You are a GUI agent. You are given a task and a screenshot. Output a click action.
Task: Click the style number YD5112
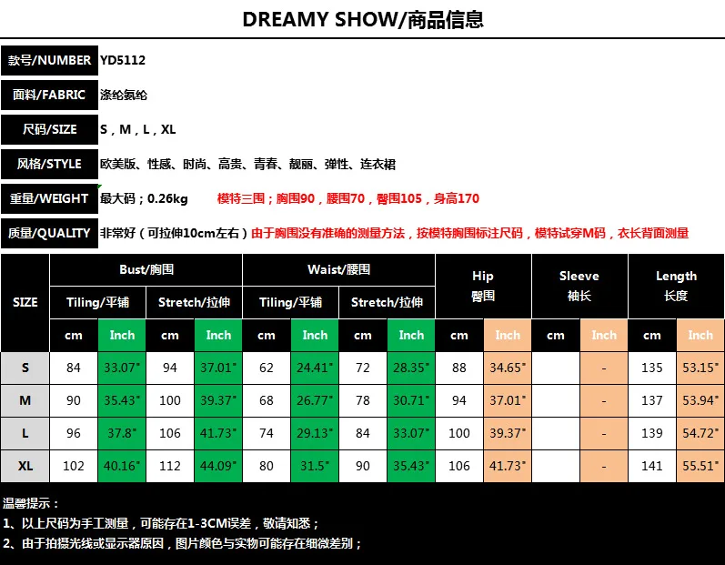[x=123, y=60]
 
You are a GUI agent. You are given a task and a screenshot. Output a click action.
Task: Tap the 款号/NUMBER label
[x=49, y=60]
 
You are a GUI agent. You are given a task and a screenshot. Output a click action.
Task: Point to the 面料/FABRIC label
[x=49, y=95]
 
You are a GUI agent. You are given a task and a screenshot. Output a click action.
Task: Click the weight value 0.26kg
[x=167, y=199]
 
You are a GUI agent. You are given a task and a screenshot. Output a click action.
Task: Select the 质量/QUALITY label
[x=49, y=233]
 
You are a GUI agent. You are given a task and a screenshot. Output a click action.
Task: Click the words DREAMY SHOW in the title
[x=319, y=19]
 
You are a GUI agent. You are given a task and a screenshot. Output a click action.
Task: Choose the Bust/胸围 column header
[x=146, y=269]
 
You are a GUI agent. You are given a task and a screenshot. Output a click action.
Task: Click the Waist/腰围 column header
[x=339, y=269]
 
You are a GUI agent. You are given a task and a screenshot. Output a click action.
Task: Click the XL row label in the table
[x=25, y=466]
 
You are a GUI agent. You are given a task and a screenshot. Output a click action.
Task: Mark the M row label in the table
[x=25, y=400]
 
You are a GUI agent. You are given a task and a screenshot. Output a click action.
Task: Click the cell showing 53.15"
[x=700, y=368]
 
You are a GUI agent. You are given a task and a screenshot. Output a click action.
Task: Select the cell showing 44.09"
[x=218, y=466]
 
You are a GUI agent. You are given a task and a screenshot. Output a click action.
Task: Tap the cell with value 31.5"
[x=315, y=466]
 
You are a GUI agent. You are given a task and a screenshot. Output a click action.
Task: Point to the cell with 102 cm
[x=74, y=466]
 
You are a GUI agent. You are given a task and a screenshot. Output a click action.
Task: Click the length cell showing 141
[x=652, y=466]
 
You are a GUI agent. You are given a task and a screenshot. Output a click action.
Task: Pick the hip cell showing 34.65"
[x=508, y=368]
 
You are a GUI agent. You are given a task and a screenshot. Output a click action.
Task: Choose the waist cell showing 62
[x=267, y=368]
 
